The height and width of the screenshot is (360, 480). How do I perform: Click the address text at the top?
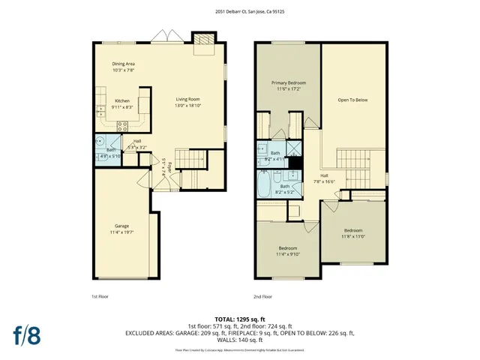240,11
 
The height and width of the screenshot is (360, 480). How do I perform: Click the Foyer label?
170,167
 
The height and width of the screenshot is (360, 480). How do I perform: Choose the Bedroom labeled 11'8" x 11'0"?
353,233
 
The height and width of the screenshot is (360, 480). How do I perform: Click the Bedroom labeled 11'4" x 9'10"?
288,251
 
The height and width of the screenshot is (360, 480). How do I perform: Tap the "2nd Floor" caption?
262,297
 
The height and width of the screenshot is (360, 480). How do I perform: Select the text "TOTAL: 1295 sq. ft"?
239,319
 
